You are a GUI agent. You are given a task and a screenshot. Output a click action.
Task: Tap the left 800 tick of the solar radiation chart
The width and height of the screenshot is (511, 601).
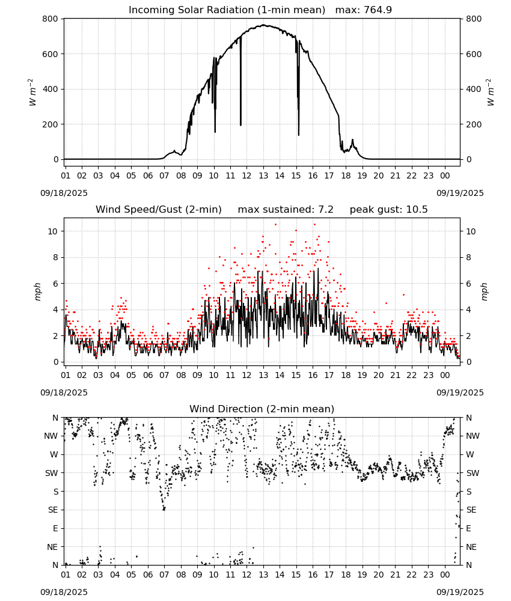pos(50,19)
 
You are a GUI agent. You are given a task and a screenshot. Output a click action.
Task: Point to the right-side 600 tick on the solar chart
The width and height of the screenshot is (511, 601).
pos(474,54)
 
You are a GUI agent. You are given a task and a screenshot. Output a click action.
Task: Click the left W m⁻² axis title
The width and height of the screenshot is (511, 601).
pos(32,93)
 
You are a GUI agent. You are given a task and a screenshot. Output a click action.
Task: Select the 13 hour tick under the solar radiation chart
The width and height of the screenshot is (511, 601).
pos(263,175)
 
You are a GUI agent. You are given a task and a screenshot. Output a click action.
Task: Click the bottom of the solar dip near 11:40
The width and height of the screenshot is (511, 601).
pos(240,125)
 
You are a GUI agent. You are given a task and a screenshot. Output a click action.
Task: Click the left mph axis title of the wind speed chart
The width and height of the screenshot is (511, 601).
pos(37,291)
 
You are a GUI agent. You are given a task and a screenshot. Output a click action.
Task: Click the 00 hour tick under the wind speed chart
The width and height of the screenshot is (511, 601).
pos(445,375)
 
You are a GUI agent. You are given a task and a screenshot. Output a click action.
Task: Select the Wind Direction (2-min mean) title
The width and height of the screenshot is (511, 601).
pos(262,409)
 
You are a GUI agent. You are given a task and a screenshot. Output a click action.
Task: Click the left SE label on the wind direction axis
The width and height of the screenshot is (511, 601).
pos(53,510)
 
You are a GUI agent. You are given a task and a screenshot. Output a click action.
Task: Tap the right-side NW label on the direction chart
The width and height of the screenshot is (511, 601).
pos(473,436)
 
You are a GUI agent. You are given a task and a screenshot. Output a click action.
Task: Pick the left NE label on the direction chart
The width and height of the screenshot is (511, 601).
pos(52,547)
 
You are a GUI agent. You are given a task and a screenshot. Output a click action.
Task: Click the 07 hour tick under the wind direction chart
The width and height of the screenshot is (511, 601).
pos(164,575)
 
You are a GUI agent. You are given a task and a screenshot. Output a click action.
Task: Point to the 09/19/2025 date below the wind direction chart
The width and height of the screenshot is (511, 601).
pos(460,592)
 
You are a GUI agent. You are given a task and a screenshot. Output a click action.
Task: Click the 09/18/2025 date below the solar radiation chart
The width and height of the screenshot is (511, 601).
pos(64,193)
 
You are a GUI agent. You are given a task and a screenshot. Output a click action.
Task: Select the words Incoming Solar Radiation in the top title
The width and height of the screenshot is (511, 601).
pos(191,10)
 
